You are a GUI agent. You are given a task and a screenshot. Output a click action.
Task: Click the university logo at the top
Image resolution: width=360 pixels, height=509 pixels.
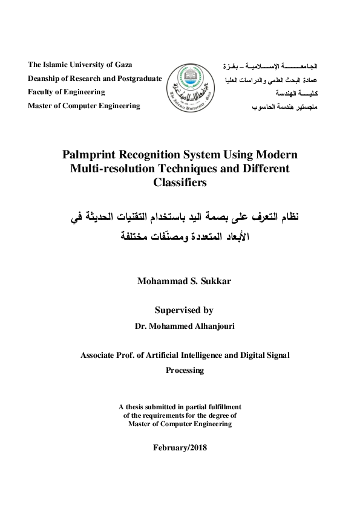188,86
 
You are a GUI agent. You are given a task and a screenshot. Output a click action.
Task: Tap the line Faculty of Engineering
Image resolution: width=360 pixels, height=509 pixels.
67,92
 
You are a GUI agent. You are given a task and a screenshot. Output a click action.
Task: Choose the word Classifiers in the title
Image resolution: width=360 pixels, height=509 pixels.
180,183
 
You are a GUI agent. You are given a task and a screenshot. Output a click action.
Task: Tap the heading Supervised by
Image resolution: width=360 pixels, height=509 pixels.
184,311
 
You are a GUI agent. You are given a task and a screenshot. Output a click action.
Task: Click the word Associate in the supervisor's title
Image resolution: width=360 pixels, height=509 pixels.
101,355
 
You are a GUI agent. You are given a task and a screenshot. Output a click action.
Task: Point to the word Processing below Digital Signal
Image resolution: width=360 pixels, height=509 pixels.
185,370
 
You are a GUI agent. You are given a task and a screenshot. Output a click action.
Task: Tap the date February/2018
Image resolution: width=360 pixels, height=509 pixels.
180,447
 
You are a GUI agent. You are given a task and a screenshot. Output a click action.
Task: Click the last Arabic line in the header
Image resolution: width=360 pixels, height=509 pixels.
286,106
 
